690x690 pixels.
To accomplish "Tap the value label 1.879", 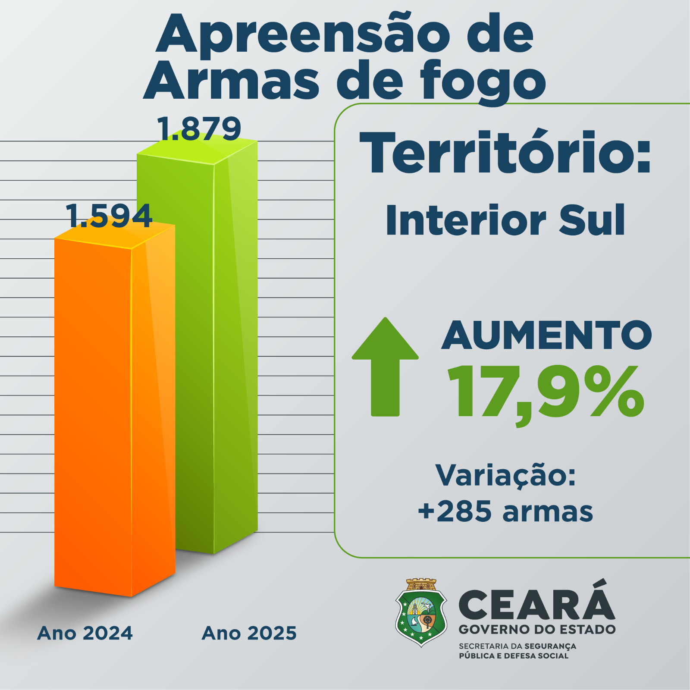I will pos(199,129).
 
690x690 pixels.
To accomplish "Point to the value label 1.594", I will pos(109,216).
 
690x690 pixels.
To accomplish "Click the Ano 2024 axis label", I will pos(85,633).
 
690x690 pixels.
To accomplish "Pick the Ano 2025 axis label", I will pos(249,633).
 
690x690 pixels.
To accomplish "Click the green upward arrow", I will pos(385,367).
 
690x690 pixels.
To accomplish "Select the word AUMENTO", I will pos(546,336).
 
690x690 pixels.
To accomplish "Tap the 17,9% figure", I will pos(546,392).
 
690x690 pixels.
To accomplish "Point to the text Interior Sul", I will pos(505,221).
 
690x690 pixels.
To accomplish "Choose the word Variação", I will pos(505,475).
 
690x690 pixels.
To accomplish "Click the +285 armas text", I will pos(505,511).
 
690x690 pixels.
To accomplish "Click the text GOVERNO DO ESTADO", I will pos(537,629).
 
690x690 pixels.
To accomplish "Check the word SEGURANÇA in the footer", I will pos(550,646).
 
